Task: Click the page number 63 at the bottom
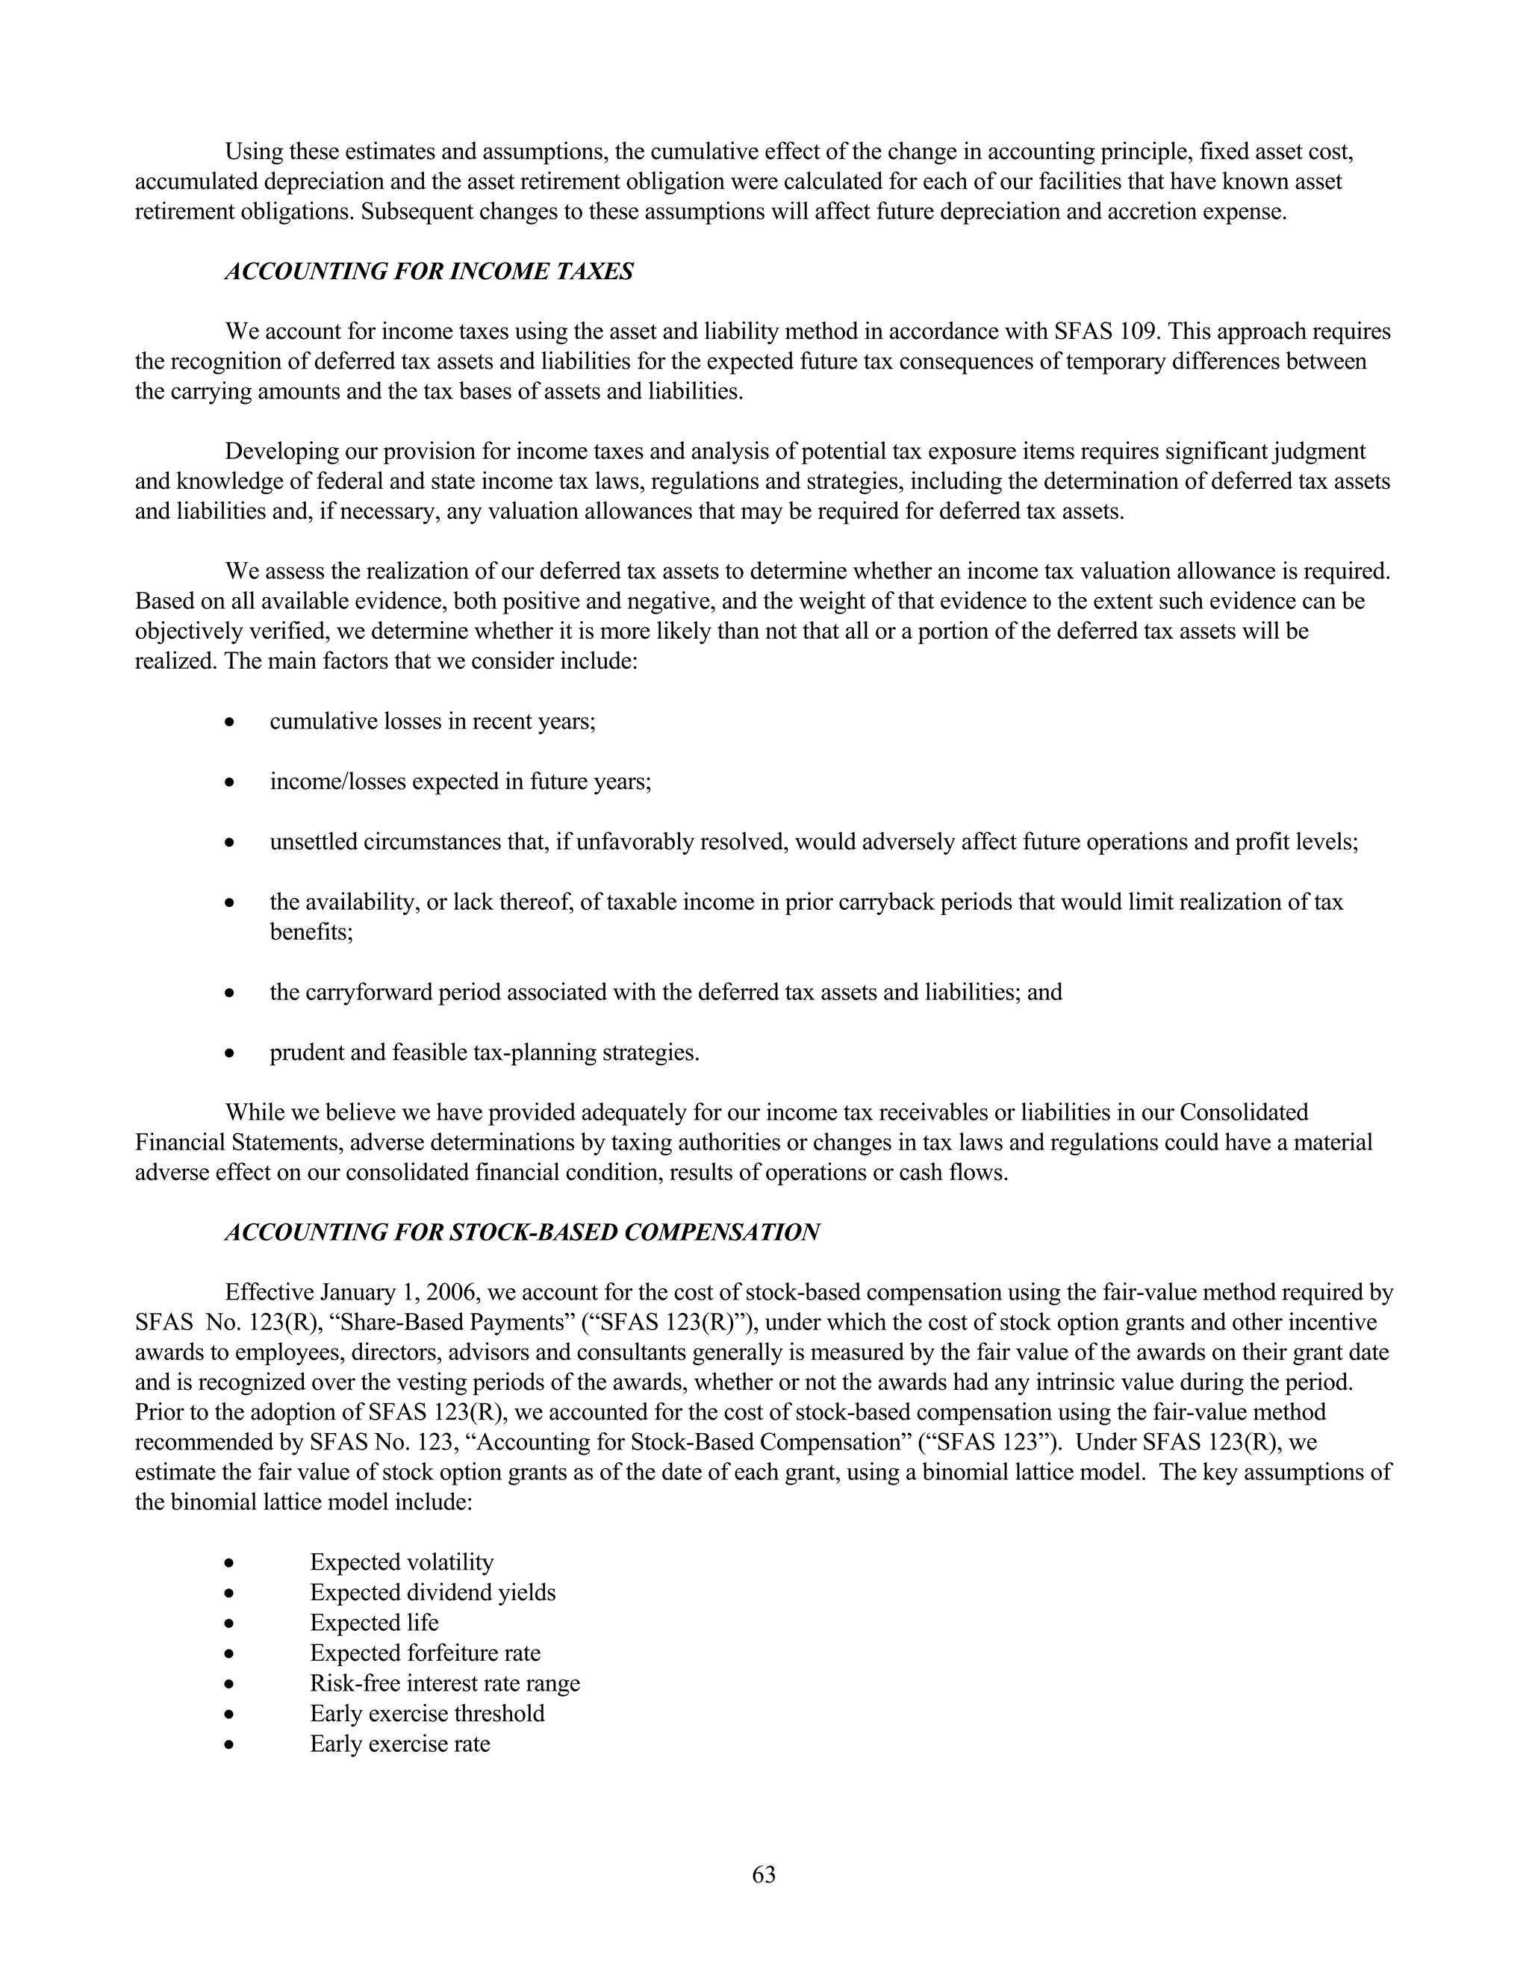coord(764,1875)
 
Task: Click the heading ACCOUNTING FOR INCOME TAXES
coord(429,272)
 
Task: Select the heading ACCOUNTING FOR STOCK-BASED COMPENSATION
coord(522,1232)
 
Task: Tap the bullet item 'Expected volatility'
coord(401,1562)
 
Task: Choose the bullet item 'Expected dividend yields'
coord(432,1592)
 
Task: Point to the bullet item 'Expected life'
coord(373,1623)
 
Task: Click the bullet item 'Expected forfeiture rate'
coord(425,1653)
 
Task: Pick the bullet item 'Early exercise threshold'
coord(426,1714)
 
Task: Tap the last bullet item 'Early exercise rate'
coord(399,1744)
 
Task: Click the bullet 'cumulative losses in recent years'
coord(432,722)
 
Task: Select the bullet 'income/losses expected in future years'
coord(460,781)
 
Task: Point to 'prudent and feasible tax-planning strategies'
coord(485,1052)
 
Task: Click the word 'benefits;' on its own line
coord(311,932)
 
